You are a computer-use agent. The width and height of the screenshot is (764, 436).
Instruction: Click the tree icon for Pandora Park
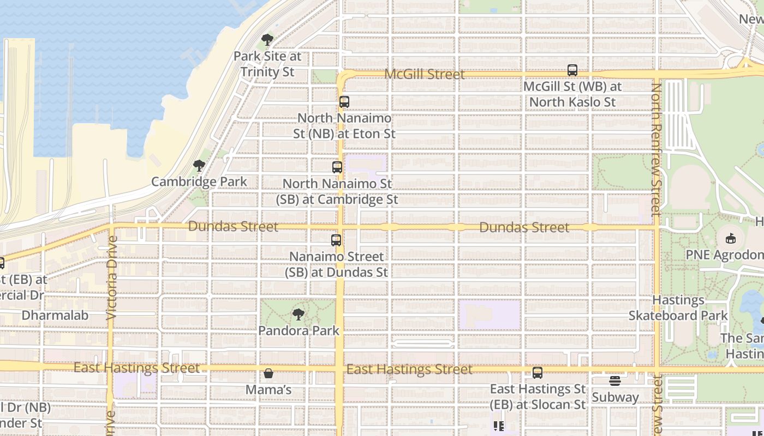coord(298,314)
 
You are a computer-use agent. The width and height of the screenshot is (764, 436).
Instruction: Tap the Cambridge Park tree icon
coord(199,166)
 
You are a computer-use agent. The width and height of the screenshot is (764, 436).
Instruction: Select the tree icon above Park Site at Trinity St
coord(267,40)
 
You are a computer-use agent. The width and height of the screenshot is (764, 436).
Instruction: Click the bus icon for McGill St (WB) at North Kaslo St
coord(572,70)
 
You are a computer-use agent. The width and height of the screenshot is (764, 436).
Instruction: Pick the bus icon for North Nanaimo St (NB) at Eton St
coord(344,102)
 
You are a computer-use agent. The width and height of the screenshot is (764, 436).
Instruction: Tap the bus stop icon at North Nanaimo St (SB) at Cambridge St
coord(337,167)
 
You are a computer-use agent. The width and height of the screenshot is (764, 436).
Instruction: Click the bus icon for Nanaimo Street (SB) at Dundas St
coord(336,240)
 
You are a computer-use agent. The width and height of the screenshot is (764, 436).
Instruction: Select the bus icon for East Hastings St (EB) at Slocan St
coord(538,373)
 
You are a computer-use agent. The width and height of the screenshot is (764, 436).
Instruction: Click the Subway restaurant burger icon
coord(615,380)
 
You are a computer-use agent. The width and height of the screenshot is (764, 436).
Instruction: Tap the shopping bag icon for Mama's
coord(268,373)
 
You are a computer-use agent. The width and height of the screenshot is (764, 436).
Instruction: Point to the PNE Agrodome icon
coord(730,239)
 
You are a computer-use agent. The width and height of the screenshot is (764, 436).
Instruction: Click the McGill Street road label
coord(425,74)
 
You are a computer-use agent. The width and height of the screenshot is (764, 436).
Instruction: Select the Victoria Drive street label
coord(111,281)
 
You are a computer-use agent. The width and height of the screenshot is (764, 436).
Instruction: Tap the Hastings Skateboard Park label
coord(678,308)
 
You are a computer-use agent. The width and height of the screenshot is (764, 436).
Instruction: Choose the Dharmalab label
coord(55,315)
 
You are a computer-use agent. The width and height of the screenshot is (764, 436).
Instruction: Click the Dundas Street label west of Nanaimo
coord(233,226)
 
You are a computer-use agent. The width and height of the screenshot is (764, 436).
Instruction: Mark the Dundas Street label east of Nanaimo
coord(524,227)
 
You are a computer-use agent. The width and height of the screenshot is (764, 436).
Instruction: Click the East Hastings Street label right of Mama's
coord(409,370)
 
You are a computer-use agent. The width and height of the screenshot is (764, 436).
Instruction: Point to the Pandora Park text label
coord(299,330)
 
